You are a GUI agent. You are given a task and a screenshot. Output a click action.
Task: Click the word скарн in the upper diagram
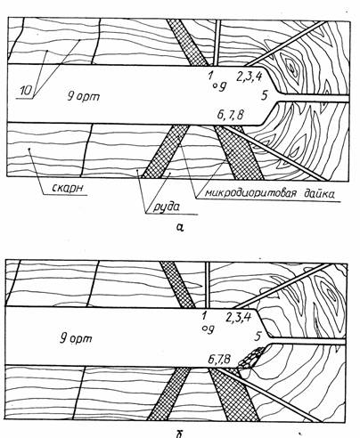tap(68, 188)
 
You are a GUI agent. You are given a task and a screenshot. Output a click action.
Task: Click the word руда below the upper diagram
tap(167, 207)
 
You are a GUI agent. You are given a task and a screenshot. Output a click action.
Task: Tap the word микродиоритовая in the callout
tap(250, 193)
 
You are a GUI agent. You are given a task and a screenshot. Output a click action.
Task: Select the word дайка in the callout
tap(319, 193)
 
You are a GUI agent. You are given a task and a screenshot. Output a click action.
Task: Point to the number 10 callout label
tap(26, 91)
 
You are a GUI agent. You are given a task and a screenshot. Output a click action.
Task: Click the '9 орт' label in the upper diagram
tap(83, 96)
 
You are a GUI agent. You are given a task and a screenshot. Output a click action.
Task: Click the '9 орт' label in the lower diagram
tap(76, 338)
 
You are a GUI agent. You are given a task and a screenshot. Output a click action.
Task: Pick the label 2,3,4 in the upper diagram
tap(250, 77)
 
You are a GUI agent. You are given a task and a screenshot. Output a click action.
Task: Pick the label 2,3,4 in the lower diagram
tap(239, 317)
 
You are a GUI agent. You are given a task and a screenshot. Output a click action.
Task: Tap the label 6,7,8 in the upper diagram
tap(230, 115)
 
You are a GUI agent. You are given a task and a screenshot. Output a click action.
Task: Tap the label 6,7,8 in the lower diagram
tap(219, 360)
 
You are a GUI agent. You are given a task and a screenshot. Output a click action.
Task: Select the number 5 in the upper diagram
tap(265, 96)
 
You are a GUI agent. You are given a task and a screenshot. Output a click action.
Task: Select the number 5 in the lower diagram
tap(258, 337)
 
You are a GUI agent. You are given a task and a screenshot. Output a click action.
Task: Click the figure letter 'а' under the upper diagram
tap(180, 227)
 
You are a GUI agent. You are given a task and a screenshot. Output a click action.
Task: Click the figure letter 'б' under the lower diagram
tap(179, 434)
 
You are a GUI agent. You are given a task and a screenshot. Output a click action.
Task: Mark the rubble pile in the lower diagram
tap(251, 358)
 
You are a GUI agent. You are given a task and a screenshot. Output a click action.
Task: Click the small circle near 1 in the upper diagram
tap(215, 86)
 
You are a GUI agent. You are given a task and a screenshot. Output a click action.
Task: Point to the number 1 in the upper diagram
tap(210, 76)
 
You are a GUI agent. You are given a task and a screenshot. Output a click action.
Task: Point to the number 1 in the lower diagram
tap(204, 315)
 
